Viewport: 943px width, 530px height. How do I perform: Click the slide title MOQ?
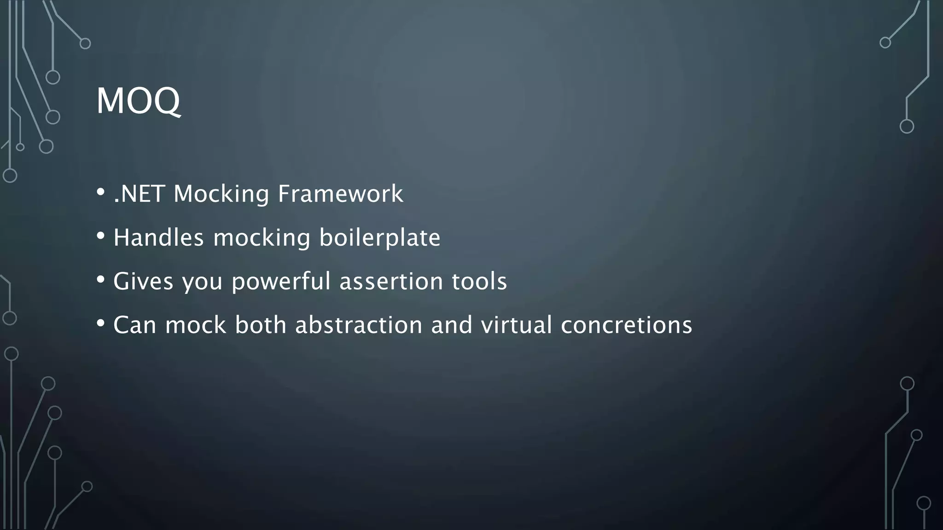(138, 101)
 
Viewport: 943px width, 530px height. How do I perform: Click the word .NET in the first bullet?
(139, 194)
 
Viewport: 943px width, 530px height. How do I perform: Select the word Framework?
(340, 194)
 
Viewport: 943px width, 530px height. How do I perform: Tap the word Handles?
(158, 238)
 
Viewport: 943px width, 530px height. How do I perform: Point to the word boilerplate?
(380, 238)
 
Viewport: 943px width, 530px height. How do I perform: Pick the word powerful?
(281, 281)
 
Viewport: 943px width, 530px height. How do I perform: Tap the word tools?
(479, 281)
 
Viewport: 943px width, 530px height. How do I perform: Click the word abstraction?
(359, 325)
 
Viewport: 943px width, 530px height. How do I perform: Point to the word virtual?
(517, 325)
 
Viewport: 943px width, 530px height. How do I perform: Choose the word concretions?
(627, 325)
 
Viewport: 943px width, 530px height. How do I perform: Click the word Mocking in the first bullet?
(221, 194)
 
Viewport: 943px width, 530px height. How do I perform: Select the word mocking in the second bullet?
(262, 238)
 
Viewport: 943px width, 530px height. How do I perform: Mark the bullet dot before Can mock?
(101, 323)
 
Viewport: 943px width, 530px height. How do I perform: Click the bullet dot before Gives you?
(101, 279)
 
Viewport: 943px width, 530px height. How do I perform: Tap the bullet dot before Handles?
(101, 236)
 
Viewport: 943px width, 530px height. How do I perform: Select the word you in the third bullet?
(203, 282)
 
